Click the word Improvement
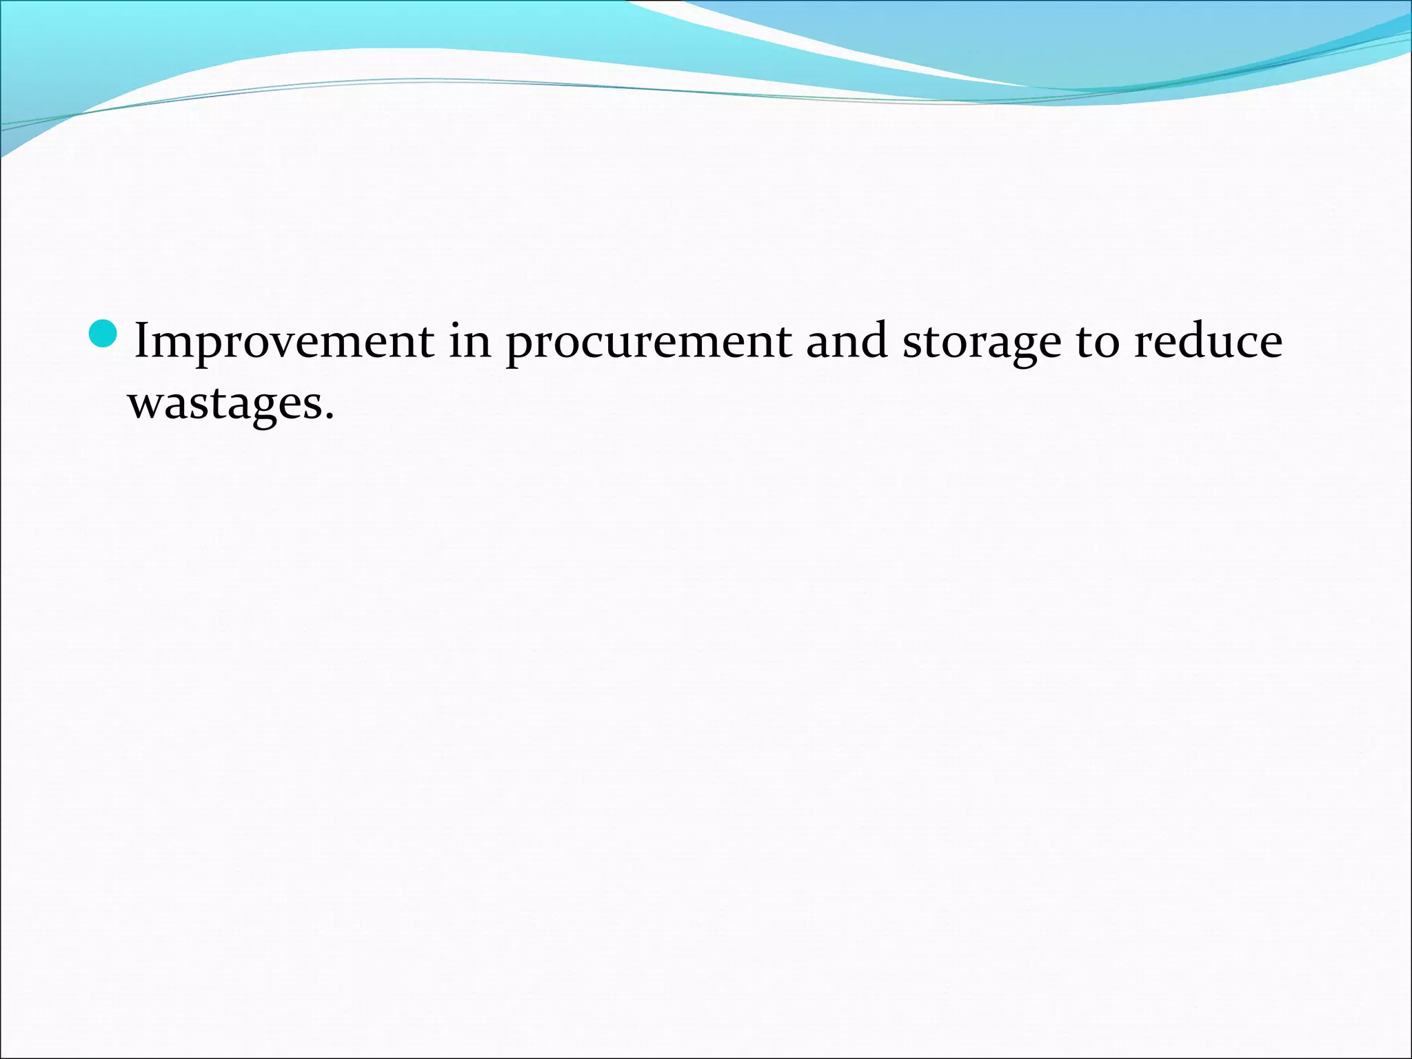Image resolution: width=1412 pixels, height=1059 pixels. [x=284, y=341]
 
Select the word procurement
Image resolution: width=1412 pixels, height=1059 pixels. [x=648, y=342]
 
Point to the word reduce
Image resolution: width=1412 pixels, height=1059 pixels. [x=1208, y=341]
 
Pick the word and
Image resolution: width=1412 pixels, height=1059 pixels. [x=847, y=341]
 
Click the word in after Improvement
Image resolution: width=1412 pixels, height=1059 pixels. [x=470, y=341]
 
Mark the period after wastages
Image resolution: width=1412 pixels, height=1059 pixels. [x=329, y=415]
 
